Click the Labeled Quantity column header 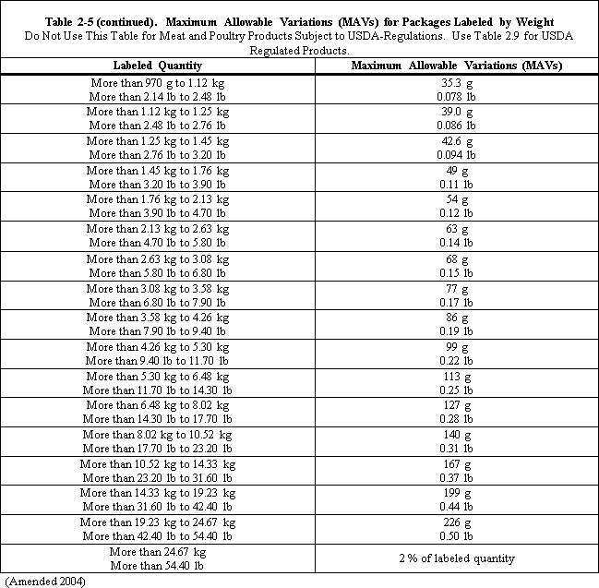(x=157, y=66)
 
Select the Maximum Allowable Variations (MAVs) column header (x=457, y=66)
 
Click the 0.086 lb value (x=456, y=125)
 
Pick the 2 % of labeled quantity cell (x=456, y=558)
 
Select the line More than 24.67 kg (x=157, y=551)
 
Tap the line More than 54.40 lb (x=157, y=565)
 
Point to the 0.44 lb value (x=456, y=507)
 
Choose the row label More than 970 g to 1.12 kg (x=158, y=83)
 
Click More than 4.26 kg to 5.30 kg (x=158, y=347)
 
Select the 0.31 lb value (x=456, y=449)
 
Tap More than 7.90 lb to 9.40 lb (x=158, y=331)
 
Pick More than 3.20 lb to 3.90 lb (x=158, y=184)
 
